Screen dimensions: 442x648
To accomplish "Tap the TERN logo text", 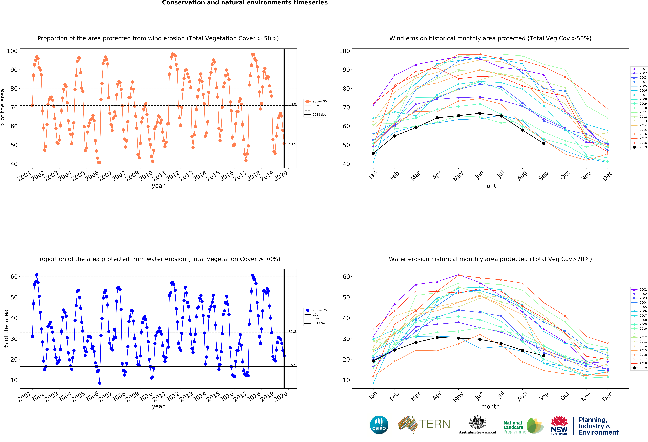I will tap(434, 424).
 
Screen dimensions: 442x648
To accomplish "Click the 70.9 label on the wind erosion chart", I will tap(292, 104).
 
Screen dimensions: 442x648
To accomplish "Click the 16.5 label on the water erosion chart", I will tap(292, 365).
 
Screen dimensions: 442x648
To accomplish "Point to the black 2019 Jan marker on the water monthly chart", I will tap(373, 361).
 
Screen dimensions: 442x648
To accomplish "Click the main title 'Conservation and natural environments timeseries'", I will tap(245, 3).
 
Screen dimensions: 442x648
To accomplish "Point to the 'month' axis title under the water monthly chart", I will tap(490, 406).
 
